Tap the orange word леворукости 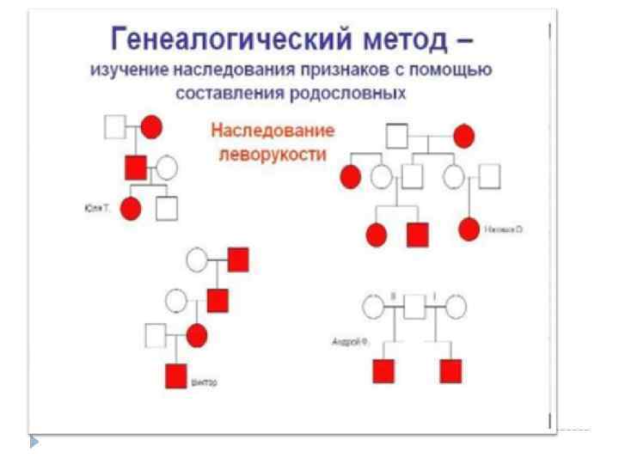point(273,155)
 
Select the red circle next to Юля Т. point(131,208)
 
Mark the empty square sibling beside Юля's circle point(167,208)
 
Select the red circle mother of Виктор point(197,335)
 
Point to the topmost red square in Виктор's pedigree point(238,259)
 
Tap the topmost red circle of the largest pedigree point(464,136)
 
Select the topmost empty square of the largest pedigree point(396,136)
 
